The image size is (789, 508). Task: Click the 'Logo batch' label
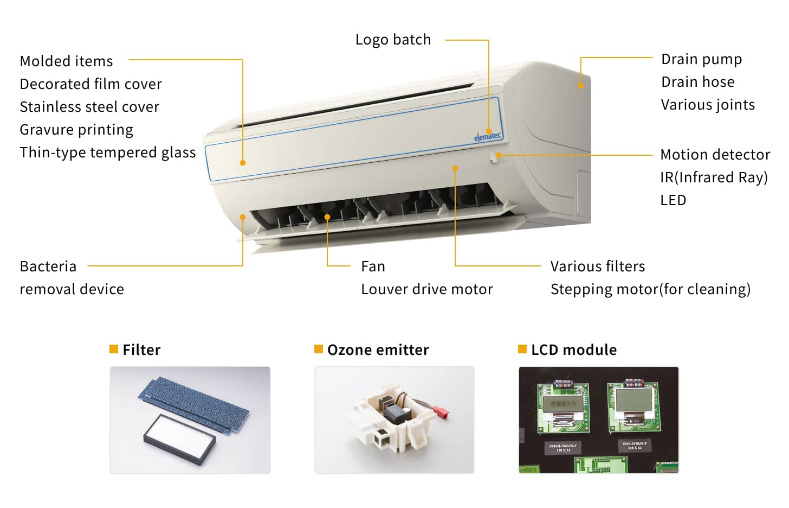(x=393, y=40)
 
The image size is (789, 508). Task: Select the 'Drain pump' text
(x=701, y=59)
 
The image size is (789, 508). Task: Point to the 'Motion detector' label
(x=715, y=155)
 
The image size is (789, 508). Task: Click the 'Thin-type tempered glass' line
(x=107, y=153)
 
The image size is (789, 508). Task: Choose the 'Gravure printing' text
(x=76, y=130)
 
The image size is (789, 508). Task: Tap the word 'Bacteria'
(x=48, y=266)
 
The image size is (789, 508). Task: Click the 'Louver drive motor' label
(x=426, y=289)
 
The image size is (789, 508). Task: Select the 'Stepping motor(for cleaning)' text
(x=650, y=289)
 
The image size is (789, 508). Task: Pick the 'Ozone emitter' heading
(x=378, y=350)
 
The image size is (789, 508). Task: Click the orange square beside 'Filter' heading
(x=114, y=349)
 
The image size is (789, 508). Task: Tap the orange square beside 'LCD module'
(x=522, y=349)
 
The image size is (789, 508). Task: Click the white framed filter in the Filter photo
(x=179, y=439)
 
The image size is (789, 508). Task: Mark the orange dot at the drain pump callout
(x=580, y=86)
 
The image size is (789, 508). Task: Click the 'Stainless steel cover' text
(x=89, y=107)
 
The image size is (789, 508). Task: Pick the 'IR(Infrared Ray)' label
(x=714, y=177)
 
